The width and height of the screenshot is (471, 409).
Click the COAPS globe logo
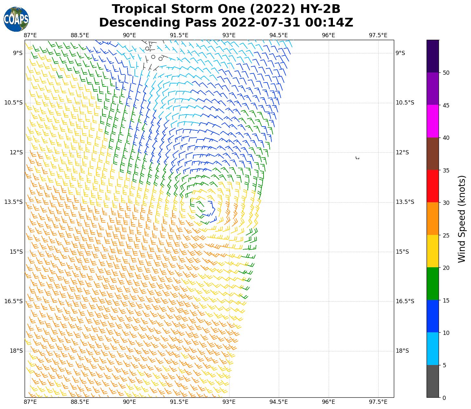(16, 19)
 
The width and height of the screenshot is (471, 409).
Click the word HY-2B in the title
(320, 9)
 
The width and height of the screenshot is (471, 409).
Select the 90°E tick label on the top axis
(129, 35)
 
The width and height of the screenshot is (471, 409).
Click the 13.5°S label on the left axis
(14, 202)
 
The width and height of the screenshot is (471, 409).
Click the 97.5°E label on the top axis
(378, 35)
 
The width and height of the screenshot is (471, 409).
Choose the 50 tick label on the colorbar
(446, 73)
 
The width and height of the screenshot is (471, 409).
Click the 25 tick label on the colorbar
(446, 236)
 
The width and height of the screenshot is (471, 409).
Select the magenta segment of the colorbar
(432, 121)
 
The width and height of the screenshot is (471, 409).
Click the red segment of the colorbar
(432, 186)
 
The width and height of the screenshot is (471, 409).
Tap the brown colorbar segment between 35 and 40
(432, 154)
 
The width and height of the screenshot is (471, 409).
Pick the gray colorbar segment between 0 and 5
(432, 381)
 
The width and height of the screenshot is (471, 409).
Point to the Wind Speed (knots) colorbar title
(462, 219)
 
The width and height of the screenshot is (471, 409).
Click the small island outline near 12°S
(357, 158)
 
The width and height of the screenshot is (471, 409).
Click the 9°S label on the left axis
(18, 53)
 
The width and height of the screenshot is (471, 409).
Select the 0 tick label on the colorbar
(444, 398)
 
